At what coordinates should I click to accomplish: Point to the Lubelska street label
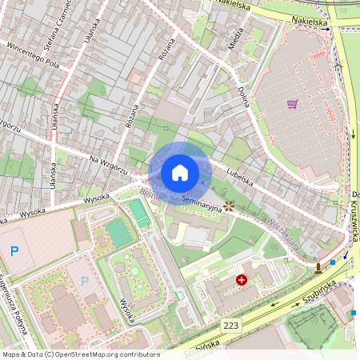tap(239, 176)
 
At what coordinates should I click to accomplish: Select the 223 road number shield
tap(231, 325)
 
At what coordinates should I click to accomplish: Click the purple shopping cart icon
tap(292, 104)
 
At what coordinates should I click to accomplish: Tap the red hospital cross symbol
tap(242, 280)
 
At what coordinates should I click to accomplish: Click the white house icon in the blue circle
tap(180, 172)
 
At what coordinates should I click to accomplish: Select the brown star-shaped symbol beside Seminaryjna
tap(230, 206)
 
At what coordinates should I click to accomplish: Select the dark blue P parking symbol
tap(14, 251)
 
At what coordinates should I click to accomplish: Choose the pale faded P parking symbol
tap(84, 282)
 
